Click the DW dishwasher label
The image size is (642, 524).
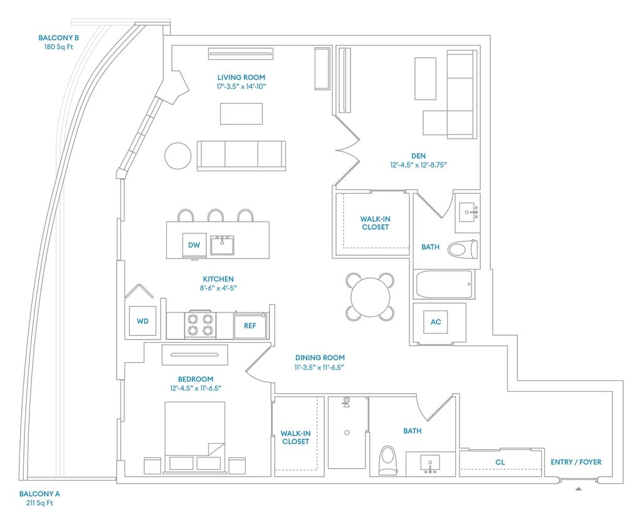click(x=194, y=245)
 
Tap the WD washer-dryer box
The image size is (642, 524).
click(x=143, y=321)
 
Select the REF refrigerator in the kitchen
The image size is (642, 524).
click(x=250, y=326)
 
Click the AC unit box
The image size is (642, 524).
click(x=436, y=322)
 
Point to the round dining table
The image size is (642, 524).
click(x=371, y=297)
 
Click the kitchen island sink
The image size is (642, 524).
click(x=222, y=245)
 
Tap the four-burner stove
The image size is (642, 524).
click(x=200, y=324)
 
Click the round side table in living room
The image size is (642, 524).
click(x=178, y=156)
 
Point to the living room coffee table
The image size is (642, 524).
click(x=241, y=114)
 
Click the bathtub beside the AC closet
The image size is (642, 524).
click(x=443, y=285)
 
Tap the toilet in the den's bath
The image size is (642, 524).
click(x=463, y=249)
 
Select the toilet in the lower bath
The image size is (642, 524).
click(x=389, y=460)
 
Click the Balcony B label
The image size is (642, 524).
click(x=58, y=38)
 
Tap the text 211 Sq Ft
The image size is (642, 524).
click(x=39, y=503)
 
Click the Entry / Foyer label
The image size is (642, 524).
click(x=576, y=463)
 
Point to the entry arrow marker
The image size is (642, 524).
click(x=579, y=488)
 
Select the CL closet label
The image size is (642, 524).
click(x=500, y=463)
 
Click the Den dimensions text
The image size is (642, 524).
click(x=418, y=166)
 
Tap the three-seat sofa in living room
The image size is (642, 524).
click(x=241, y=155)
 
